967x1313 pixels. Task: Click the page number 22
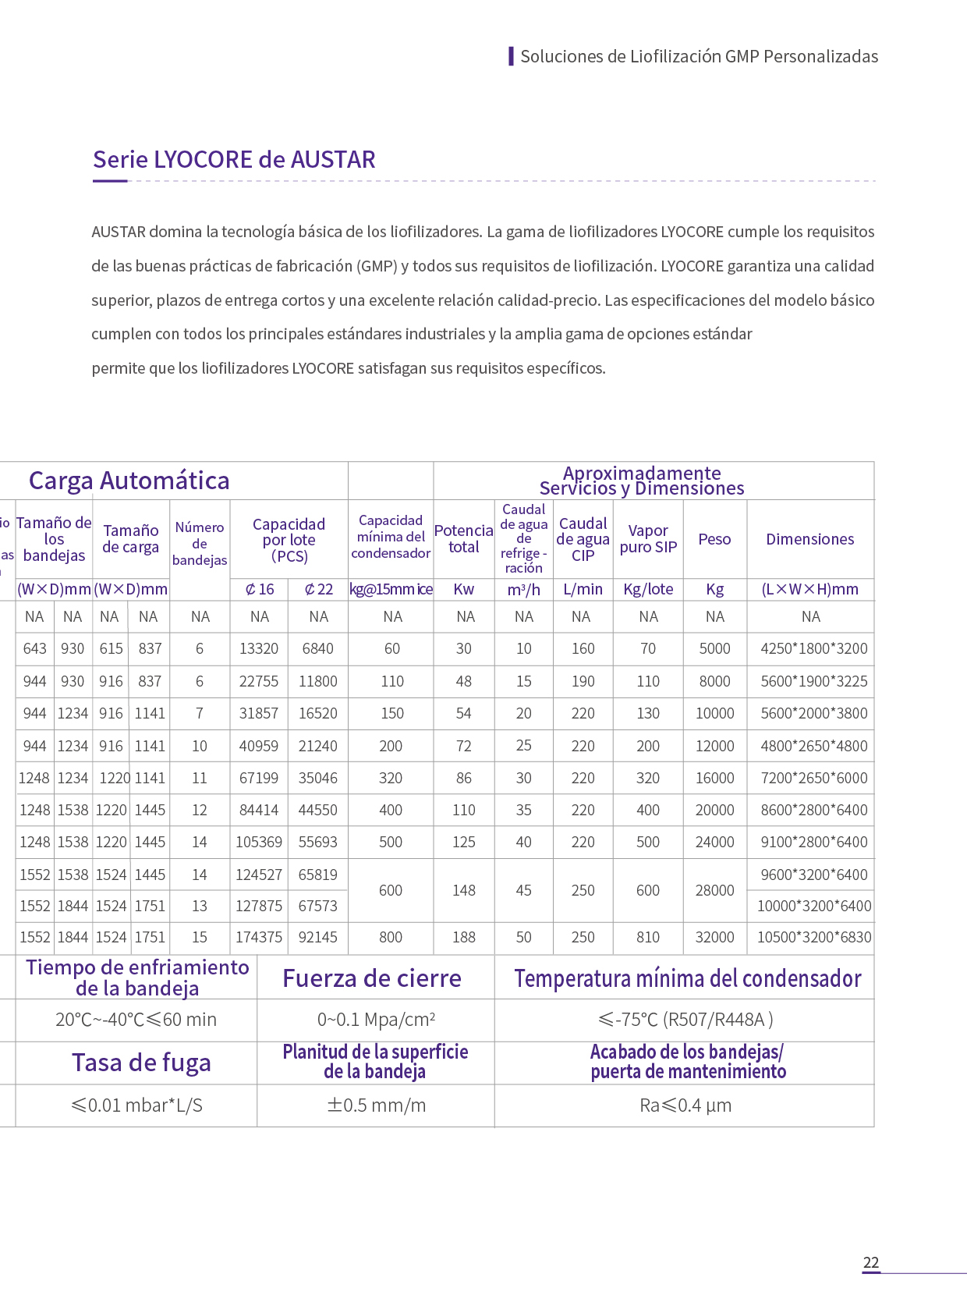pyautogui.click(x=871, y=1262)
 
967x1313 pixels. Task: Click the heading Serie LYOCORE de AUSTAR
pyautogui.click(x=234, y=160)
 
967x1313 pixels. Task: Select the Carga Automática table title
pyautogui.click(x=129, y=481)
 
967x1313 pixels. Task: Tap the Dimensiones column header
pyautogui.click(x=810, y=539)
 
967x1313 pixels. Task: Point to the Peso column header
pyautogui.click(x=714, y=539)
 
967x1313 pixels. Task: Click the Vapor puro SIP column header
pyautogui.click(x=648, y=539)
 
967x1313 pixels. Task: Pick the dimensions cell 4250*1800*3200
pyautogui.click(x=813, y=648)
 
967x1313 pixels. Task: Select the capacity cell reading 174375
pyautogui.click(x=259, y=937)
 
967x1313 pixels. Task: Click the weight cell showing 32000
pyautogui.click(x=714, y=937)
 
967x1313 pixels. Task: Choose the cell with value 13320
pyautogui.click(x=259, y=648)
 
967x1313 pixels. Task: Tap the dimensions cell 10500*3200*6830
pyautogui.click(x=813, y=937)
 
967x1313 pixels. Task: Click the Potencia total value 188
pyautogui.click(x=463, y=937)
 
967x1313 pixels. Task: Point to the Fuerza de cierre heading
pyautogui.click(x=372, y=978)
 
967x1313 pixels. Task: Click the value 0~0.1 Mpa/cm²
pyautogui.click(x=376, y=1020)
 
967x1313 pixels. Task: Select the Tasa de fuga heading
pyautogui.click(x=141, y=1063)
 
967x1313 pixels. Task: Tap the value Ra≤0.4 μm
pyautogui.click(x=685, y=1105)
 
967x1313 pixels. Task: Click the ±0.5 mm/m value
pyautogui.click(x=376, y=1105)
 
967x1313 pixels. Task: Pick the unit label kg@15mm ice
pyautogui.click(x=391, y=589)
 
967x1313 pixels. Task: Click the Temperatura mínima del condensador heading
pyautogui.click(x=687, y=978)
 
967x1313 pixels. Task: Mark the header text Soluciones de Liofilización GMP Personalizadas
pyautogui.click(x=699, y=56)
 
